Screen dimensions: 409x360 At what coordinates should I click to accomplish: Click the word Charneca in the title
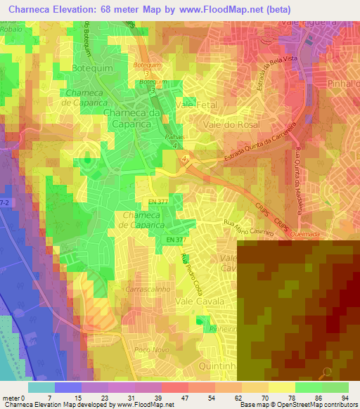point(32,8)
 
